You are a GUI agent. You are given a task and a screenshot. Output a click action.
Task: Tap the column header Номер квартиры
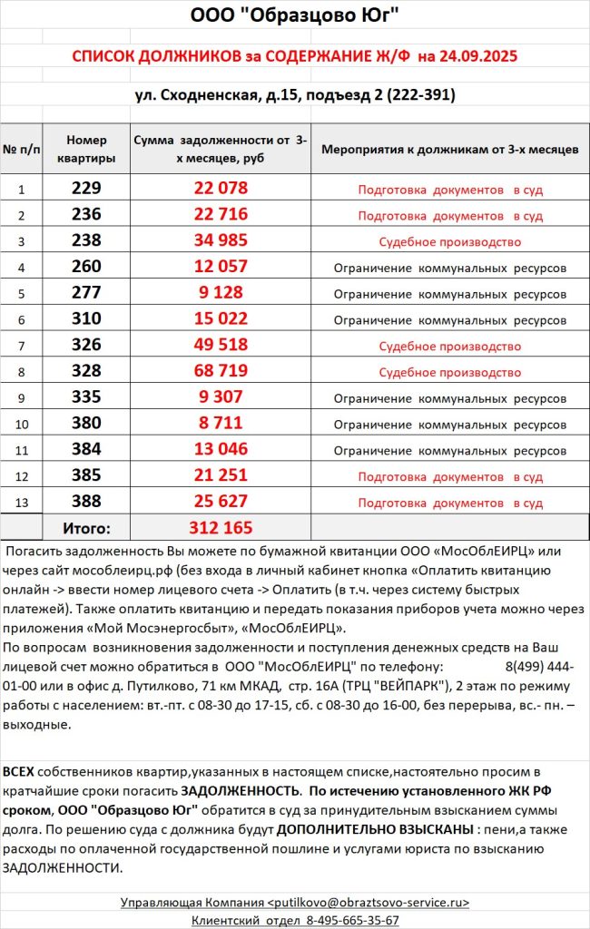coord(86,149)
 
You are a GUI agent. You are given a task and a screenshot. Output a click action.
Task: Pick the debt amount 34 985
coord(221,242)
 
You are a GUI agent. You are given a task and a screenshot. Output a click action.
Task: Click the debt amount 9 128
coord(221,294)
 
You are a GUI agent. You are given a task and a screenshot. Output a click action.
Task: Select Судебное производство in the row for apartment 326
coord(449,347)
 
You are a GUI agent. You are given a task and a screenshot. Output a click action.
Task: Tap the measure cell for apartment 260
coord(449,269)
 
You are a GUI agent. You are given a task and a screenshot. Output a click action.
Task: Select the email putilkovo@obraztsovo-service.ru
coord(369,902)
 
